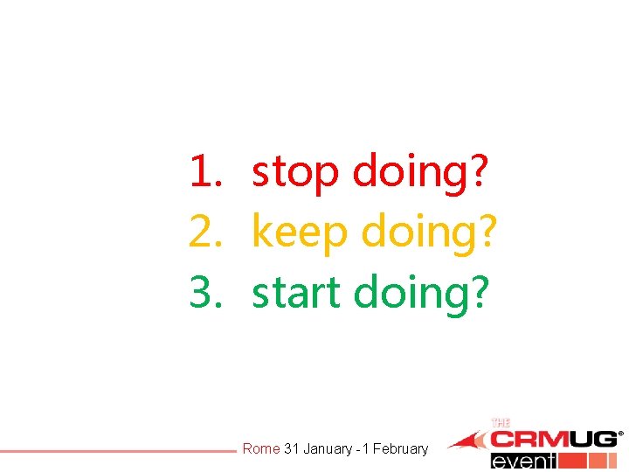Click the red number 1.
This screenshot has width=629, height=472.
(202, 172)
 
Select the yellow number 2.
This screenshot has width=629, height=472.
(202, 233)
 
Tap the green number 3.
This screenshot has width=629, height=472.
(202, 295)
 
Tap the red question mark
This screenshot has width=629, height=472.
(479, 172)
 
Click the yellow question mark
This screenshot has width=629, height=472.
(487, 233)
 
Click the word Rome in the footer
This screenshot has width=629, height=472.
(260, 449)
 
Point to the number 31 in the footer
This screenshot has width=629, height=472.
(292, 449)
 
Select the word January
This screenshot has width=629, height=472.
(328, 449)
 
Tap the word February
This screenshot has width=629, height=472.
(401, 449)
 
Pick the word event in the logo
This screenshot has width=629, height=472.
(523, 461)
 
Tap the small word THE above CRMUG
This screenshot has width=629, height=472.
(501, 423)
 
